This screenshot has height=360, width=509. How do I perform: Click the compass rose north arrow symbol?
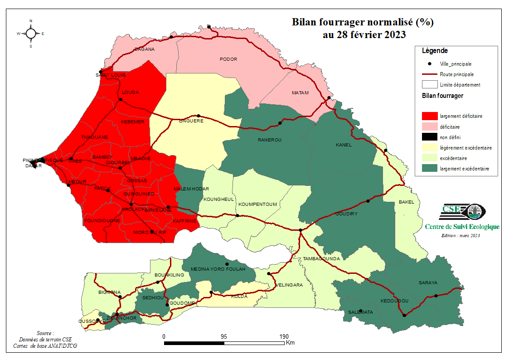pos(31,33)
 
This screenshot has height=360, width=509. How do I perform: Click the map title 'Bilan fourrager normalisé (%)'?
pos(363,22)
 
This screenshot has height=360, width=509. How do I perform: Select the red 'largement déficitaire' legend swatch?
pos(429,116)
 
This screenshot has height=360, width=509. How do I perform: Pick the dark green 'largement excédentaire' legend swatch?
pos(429,169)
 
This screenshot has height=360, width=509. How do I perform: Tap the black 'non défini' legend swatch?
pos(429,137)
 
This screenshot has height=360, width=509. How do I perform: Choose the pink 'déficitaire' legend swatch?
pos(429,127)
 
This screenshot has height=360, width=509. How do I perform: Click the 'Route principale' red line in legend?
pos(429,74)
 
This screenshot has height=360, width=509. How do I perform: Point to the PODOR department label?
pos(228,59)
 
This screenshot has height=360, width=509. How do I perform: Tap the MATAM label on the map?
pos(300,93)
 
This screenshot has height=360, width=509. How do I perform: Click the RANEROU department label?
pos(270,140)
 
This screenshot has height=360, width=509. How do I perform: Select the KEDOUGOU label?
pos(394,301)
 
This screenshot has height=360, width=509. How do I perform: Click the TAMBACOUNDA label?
pos(321,258)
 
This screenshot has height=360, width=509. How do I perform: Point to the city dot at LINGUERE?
pos(198,116)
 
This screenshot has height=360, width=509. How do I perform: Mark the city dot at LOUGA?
pos(121,100)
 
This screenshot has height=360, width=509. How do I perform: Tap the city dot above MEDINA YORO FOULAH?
pos(227,264)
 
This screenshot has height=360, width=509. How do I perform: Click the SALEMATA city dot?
pos(360,311)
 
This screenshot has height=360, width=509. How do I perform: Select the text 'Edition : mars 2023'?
pos(461,235)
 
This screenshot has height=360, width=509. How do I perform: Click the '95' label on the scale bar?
pos(223,337)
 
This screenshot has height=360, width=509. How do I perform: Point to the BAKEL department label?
pos(406,202)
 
